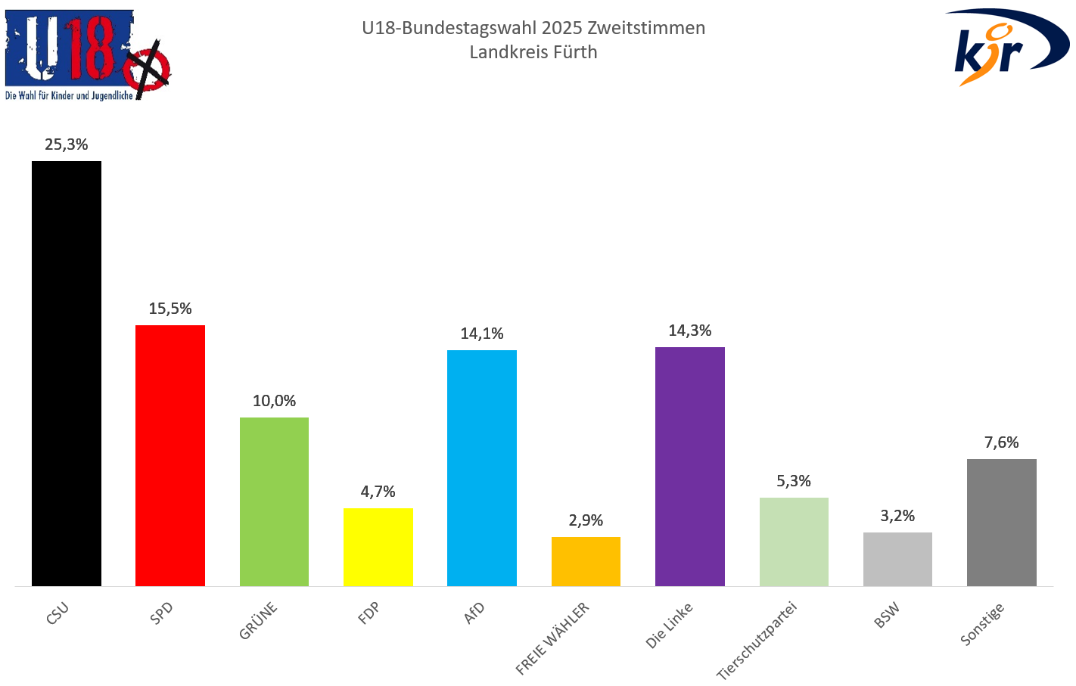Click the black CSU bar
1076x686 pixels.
coord(67,374)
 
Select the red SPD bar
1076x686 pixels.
coord(170,455)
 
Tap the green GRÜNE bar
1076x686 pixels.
coord(274,501)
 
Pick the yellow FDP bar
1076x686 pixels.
coord(378,547)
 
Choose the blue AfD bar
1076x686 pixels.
coord(482,467)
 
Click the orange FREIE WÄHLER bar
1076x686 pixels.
coord(586,561)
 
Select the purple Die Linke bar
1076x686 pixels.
coord(689,466)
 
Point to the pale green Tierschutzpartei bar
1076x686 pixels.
coord(794,542)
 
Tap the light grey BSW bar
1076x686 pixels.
coord(897,559)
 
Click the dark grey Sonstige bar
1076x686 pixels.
coord(1001,522)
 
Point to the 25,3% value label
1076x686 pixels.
coord(67,144)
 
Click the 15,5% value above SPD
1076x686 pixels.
coord(170,309)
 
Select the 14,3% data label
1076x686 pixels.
coord(689,331)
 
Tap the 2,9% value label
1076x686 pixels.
coord(586,520)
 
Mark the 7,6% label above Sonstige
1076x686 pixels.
coord(1001,442)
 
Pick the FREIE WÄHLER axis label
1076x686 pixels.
coord(552,638)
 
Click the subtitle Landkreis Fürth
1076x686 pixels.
coord(533,52)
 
